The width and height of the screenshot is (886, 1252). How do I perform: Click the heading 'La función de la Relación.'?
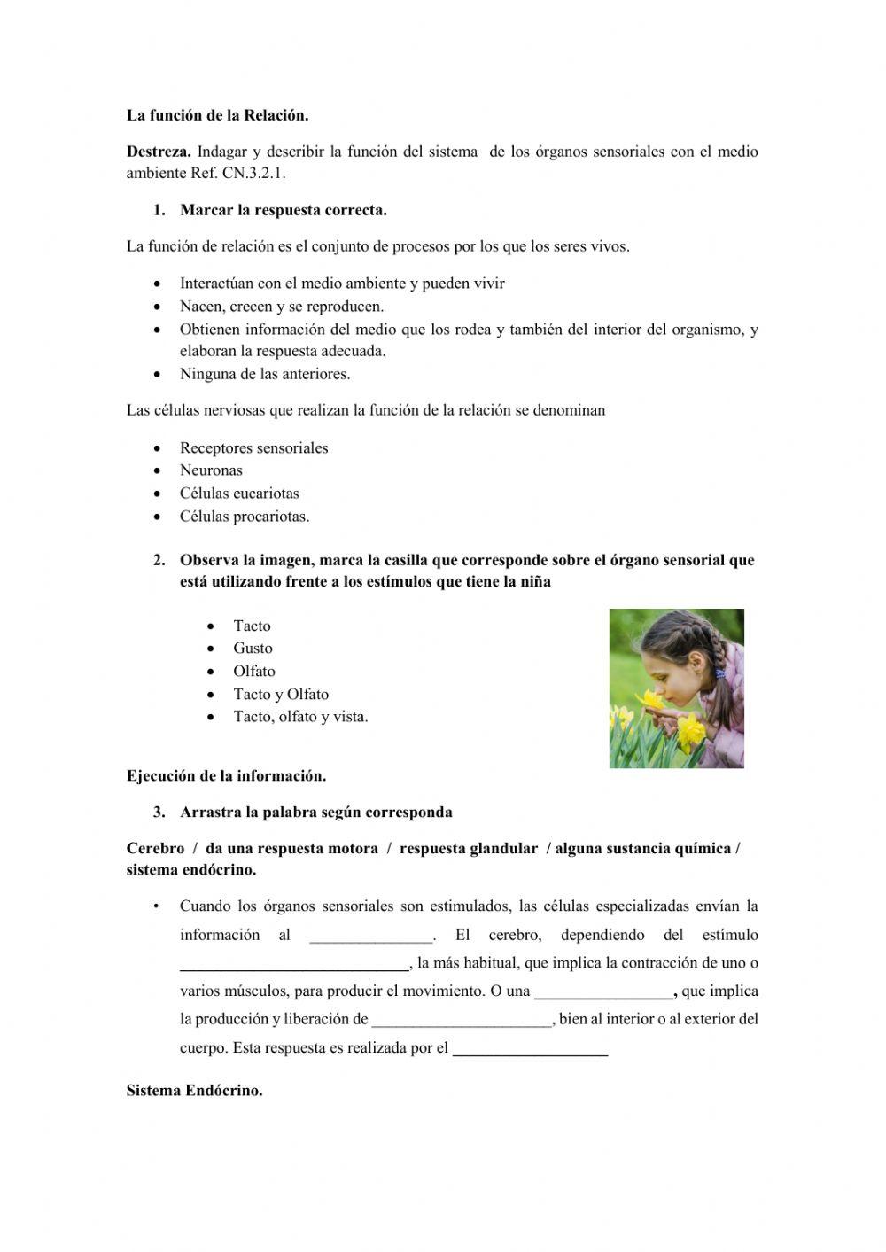217,115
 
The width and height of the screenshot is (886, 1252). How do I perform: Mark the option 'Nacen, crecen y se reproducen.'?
282,307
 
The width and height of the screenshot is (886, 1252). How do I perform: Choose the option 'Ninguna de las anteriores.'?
265,374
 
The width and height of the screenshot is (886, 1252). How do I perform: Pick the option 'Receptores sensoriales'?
253,448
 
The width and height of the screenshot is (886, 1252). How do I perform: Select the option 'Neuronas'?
211,470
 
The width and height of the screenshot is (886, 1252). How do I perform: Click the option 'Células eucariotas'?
239,494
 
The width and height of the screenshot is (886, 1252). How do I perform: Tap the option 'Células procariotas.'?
245,517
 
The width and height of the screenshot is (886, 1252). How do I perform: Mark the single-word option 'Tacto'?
252,626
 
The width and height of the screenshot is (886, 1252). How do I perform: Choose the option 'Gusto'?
253,649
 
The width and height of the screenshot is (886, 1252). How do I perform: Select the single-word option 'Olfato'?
254,672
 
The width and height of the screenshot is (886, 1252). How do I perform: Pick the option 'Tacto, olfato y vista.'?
300,717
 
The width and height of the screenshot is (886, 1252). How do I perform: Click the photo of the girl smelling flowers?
676,688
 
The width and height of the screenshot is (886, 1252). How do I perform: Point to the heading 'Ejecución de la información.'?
226,776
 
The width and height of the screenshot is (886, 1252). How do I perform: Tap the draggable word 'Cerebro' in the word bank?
155,849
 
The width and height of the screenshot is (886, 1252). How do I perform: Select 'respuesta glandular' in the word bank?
468,849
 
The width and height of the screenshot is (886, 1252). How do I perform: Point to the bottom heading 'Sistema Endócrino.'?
194,1091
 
